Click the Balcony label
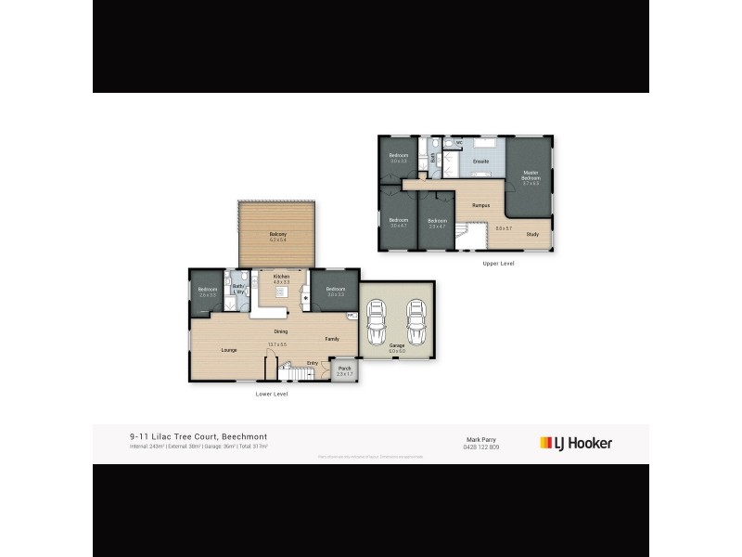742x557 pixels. point(277,233)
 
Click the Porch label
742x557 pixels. point(344,369)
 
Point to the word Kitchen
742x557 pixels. point(281,277)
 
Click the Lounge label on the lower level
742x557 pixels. point(228,350)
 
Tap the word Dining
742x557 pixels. point(280,331)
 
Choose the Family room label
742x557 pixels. point(331,340)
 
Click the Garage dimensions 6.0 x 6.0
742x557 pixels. point(397,351)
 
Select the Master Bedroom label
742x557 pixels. point(531,174)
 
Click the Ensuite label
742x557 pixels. point(480,162)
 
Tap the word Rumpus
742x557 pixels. point(480,204)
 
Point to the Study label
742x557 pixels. point(531,234)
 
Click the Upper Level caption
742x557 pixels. point(498,264)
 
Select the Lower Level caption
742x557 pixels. point(272,394)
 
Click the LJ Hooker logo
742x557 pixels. point(576,443)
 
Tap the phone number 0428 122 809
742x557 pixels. point(481,447)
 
